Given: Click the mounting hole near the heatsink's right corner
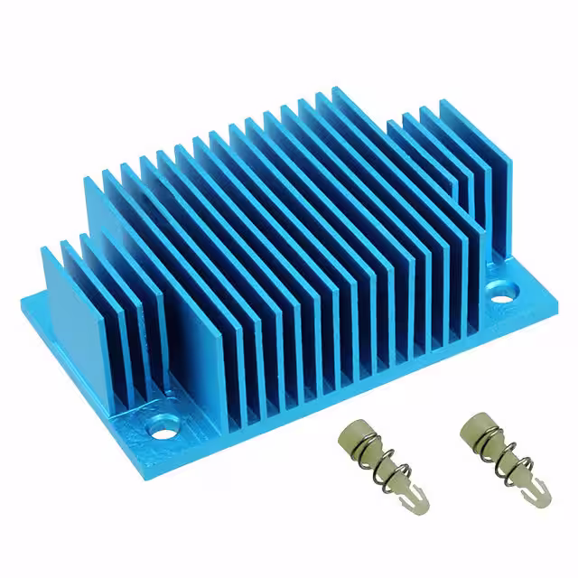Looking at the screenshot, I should pyautogui.click(x=502, y=293).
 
